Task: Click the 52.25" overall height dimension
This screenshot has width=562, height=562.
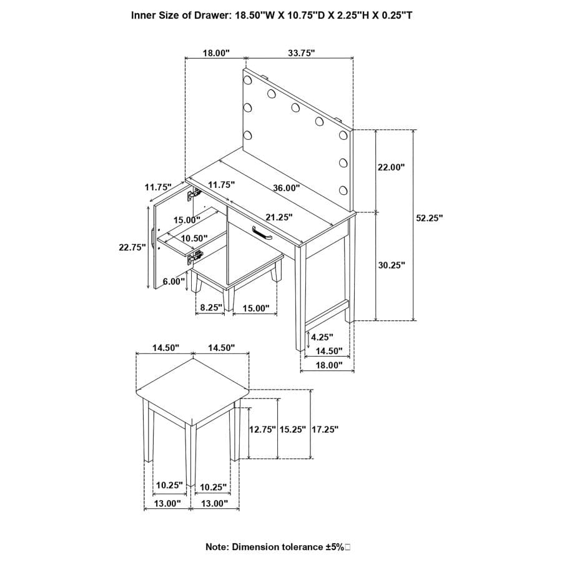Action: [x=429, y=218]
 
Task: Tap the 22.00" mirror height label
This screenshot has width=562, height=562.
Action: [x=392, y=167]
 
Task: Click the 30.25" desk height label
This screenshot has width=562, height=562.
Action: [x=392, y=265]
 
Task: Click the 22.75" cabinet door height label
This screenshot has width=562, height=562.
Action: [x=132, y=247]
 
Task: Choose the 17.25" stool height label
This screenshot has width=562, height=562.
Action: [x=325, y=430]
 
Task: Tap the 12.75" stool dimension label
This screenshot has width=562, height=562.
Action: [x=262, y=430]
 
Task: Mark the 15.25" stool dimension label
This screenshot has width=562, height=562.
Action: [x=293, y=430]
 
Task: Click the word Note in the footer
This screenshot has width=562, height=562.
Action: [x=217, y=547]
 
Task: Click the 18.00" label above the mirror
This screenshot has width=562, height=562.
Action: [x=217, y=54]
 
